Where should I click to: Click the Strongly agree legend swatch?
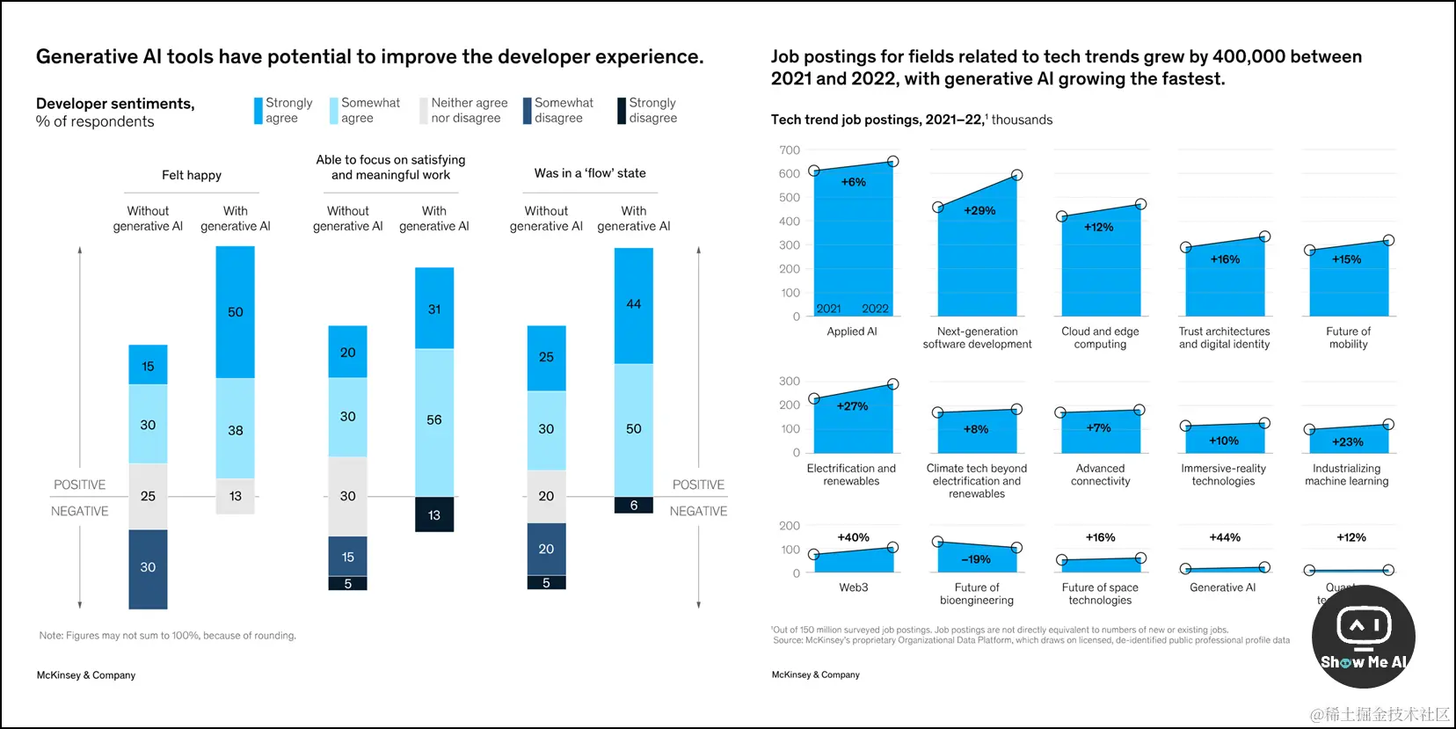click(x=258, y=111)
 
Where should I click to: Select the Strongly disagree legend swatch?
click(x=622, y=111)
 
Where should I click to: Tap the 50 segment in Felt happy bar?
click(x=236, y=312)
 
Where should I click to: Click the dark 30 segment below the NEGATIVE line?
click(x=148, y=568)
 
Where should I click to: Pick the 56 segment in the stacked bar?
click(x=434, y=421)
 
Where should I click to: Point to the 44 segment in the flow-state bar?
click(x=634, y=305)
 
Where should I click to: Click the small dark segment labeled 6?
click(x=634, y=506)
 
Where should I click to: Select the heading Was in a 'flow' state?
click(x=590, y=173)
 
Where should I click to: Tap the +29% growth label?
click(x=979, y=211)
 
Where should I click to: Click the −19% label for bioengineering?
click(x=976, y=559)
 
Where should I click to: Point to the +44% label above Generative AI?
click(x=1225, y=537)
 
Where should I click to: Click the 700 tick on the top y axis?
click(x=790, y=150)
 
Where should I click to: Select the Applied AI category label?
click(x=852, y=332)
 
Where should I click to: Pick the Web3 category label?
click(x=854, y=587)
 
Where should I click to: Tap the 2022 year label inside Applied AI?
click(x=875, y=309)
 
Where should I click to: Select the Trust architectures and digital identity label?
click(x=1224, y=338)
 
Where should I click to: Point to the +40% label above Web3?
click(x=853, y=537)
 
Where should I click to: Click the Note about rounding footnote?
click(x=168, y=636)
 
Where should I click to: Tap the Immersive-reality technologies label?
click(x=1223, y=475)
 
